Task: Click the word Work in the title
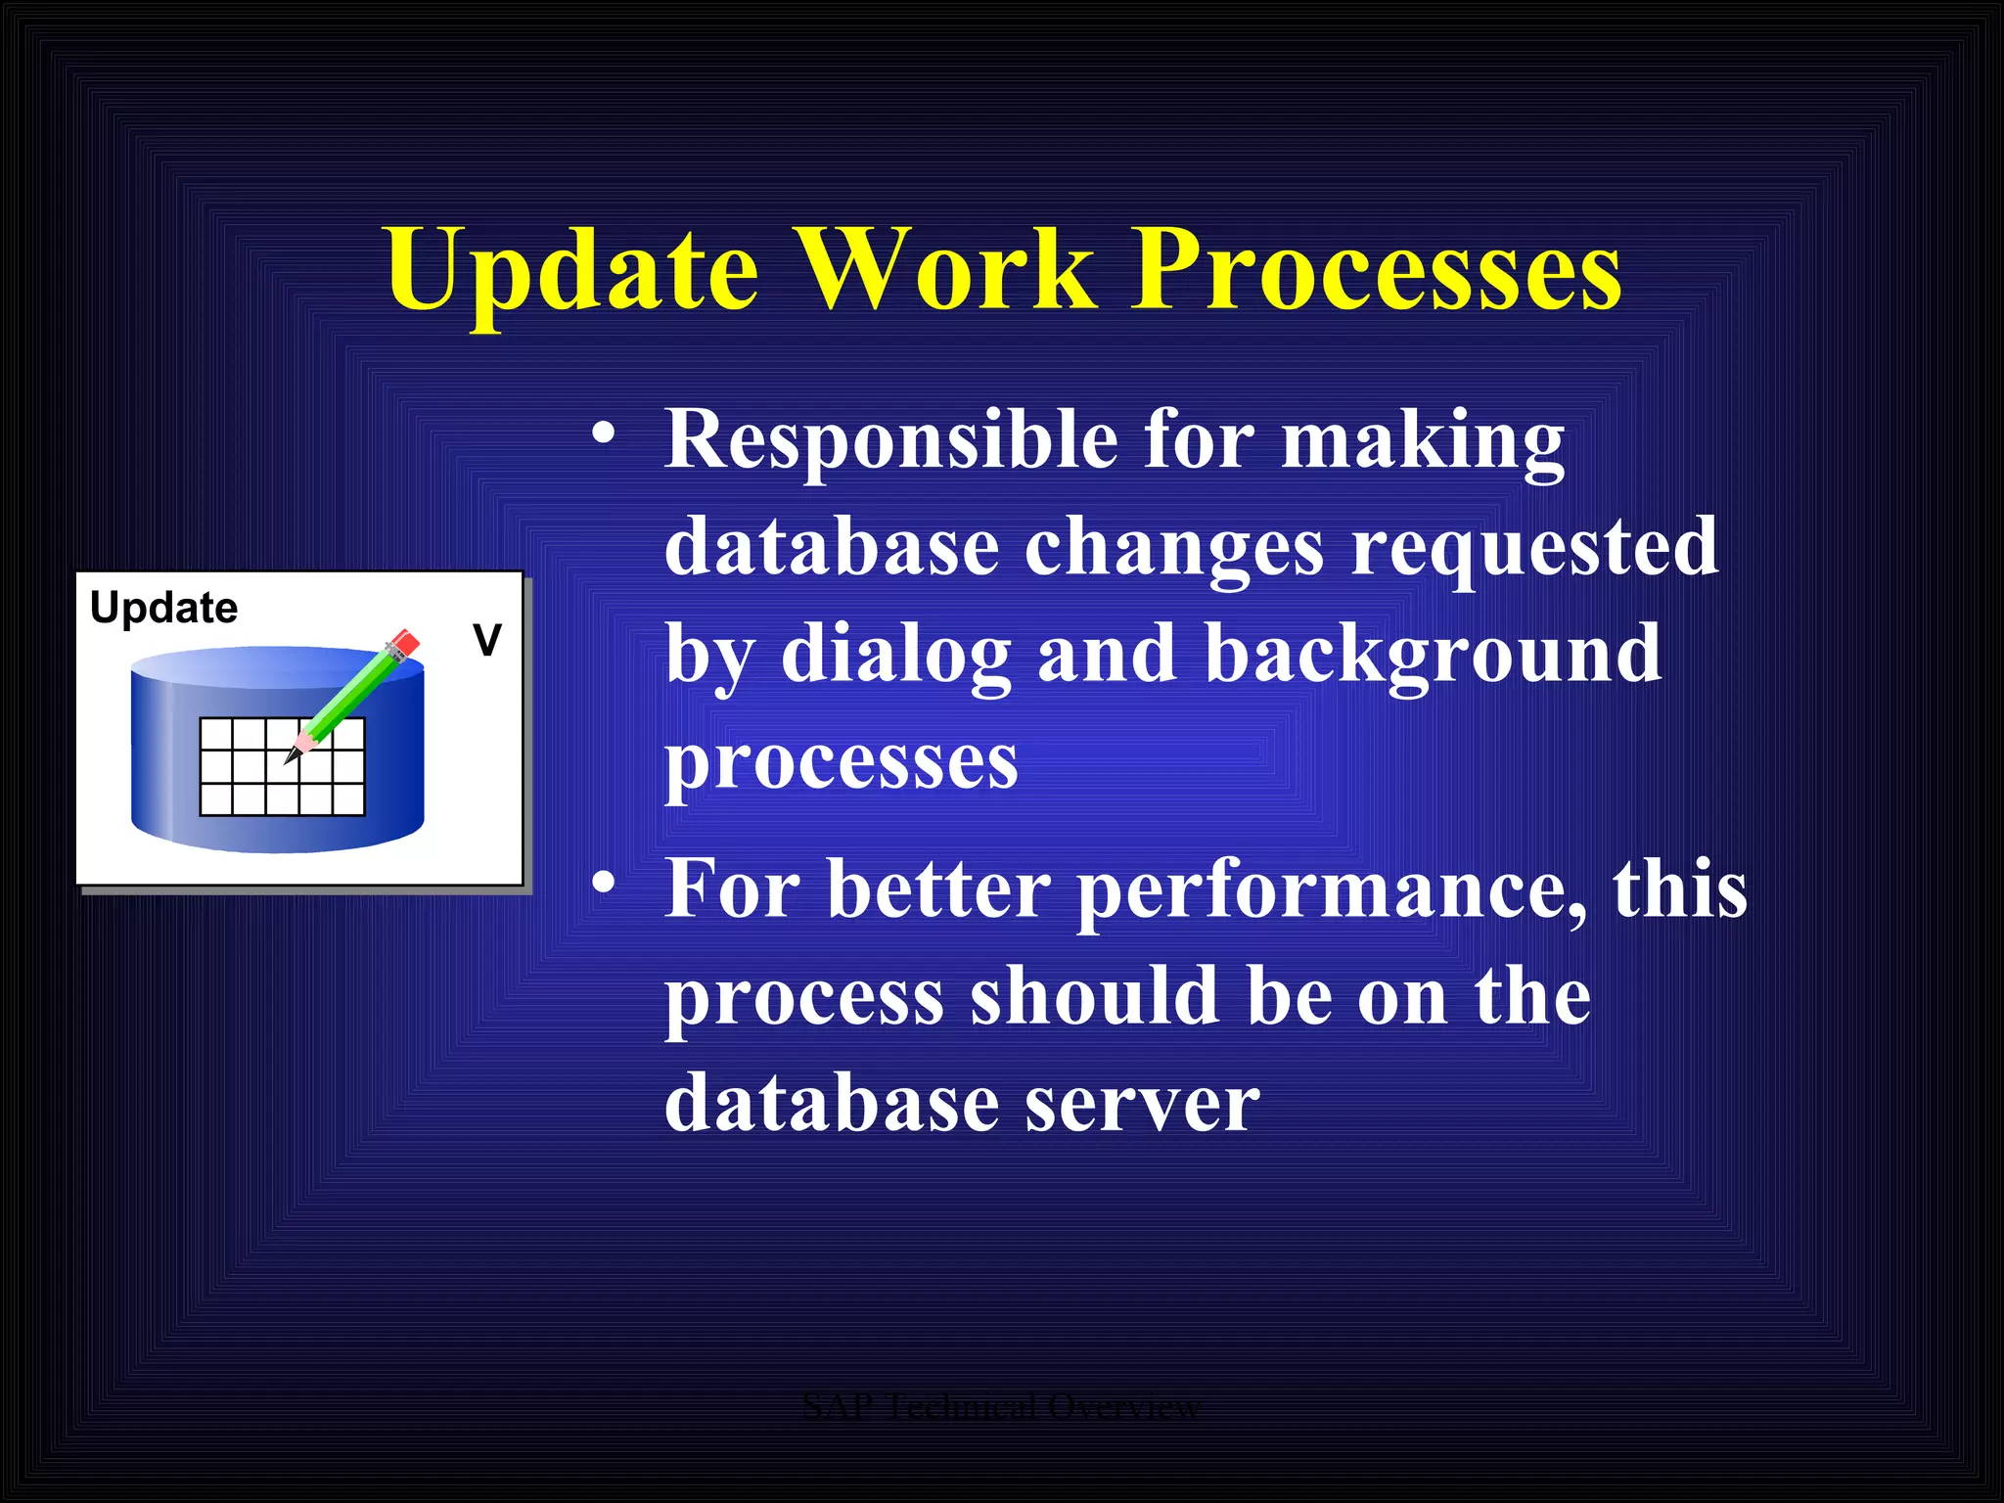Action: [x=947, y=269]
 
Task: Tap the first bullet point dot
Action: [x=604, y=433]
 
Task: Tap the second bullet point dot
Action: [x=604, y=884]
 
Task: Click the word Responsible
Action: [x=890, y=440]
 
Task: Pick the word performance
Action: [x=1331, y=890]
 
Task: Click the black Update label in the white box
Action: [x=163, y=609]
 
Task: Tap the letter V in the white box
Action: [x=487, y=641]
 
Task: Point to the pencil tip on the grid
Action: [x=291, y=758]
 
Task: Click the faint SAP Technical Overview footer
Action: [x=1001, y=1407]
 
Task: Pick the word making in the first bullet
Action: [x=1423, y=440]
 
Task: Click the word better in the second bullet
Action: [x=938, y=890]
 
